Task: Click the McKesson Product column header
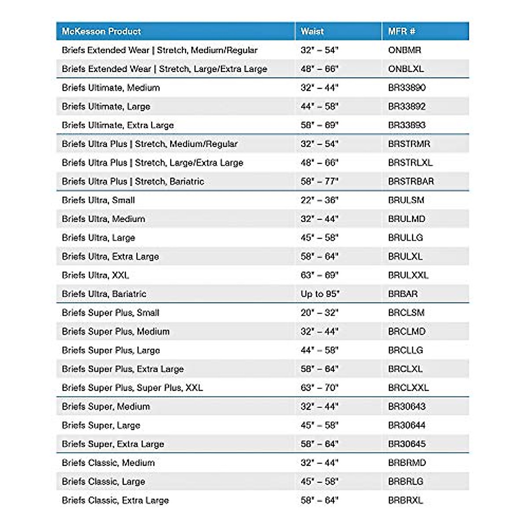coord(101,31)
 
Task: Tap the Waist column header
coord(312,31)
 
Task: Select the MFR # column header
coord(401,31)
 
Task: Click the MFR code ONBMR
coord(404,50)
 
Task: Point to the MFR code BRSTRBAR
coord(411,181)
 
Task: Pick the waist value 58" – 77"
coord(319,181)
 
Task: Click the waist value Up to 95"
coord(320,294)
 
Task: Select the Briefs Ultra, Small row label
coord(98,200)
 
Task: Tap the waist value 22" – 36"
coord(319,200)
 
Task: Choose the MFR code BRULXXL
coord(408,275)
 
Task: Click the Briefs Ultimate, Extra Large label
coord(117,125)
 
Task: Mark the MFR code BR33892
coord(407,106)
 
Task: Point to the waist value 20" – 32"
coord(319,313)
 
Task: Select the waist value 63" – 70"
coord(319,388)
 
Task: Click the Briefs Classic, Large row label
coord(103,481)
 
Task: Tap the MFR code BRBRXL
coord(405,500)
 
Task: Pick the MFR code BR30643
coord(407,407)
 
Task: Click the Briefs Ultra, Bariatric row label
coord(104,294)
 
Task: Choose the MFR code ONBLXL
coord(406,69)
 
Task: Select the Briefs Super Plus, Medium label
coord(115,331)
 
